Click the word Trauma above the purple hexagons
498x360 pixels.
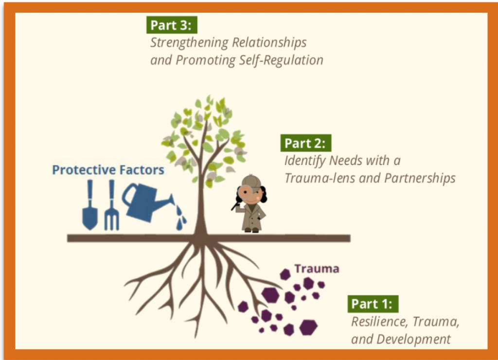tap(317, 269)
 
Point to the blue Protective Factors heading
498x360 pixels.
tap(108, 170)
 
